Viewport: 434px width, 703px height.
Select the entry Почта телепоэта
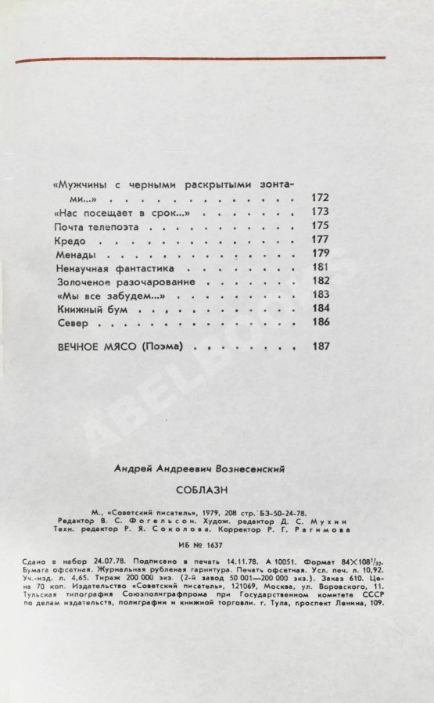(97, 227)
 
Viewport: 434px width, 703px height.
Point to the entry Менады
(76, 255)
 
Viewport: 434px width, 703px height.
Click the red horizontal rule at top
(201, 59)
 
